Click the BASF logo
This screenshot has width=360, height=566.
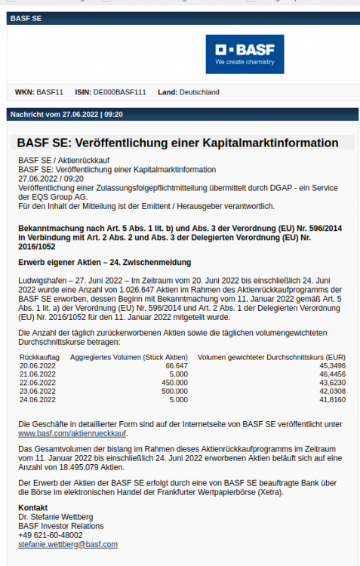(x=245, y=54)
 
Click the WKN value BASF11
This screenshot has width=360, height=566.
(x=50, y=93)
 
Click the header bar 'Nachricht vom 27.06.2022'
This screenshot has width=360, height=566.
(x=66, y=115)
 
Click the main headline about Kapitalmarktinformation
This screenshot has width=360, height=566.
(x=177, y=143)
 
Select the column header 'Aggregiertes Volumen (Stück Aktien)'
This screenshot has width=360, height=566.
(x=128, y=356)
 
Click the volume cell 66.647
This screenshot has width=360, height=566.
(x=177, y=365)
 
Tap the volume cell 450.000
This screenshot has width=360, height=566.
(x=175, y=383)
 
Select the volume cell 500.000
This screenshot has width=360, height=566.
(x=175, y=392)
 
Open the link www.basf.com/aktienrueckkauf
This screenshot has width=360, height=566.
(x=72, y=434)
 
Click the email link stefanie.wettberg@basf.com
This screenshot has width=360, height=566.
(x=68, y=543)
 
